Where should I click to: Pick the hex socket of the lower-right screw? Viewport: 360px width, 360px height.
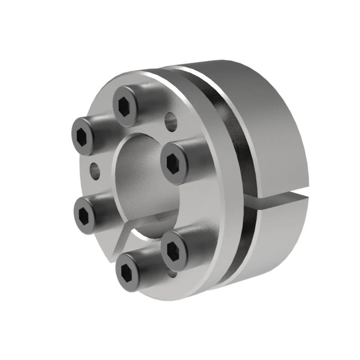pyautogui.click(x=173, y=249)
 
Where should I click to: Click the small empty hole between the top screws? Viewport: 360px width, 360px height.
pyautogui.click(x=171, y=120)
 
